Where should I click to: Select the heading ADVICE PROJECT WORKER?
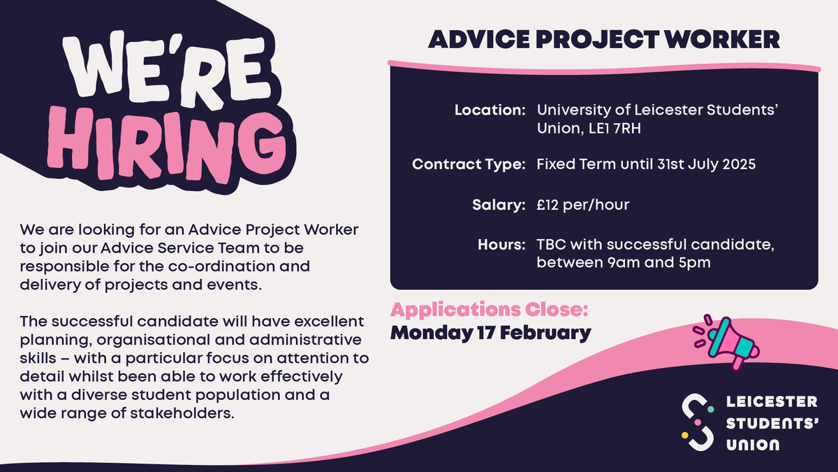603,39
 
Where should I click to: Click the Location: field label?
490,110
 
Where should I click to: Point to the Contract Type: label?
469,166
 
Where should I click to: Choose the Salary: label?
498,206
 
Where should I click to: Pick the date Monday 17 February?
490,332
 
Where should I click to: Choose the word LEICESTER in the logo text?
772,402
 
